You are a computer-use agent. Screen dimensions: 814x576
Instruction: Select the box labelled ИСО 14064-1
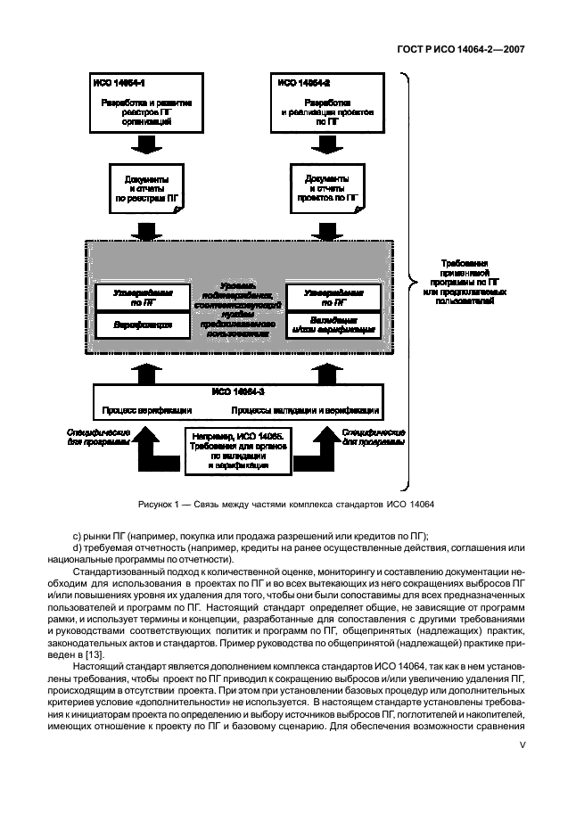coord(146,104)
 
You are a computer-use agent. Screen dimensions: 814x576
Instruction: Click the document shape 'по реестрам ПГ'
coord(146,189)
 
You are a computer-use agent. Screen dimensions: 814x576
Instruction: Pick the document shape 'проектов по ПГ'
coord(326,189)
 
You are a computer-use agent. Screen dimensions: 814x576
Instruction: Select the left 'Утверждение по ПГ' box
coord(144,296)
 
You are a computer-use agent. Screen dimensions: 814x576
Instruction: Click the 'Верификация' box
coord(144,325)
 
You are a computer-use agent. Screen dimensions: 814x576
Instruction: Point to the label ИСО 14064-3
coord(238,391)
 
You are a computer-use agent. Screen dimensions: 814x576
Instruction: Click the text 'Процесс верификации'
coord(145,411)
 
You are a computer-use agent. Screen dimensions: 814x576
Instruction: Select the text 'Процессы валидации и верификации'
coord(306,411)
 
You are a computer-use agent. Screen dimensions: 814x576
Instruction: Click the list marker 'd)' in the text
coord(77,547)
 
